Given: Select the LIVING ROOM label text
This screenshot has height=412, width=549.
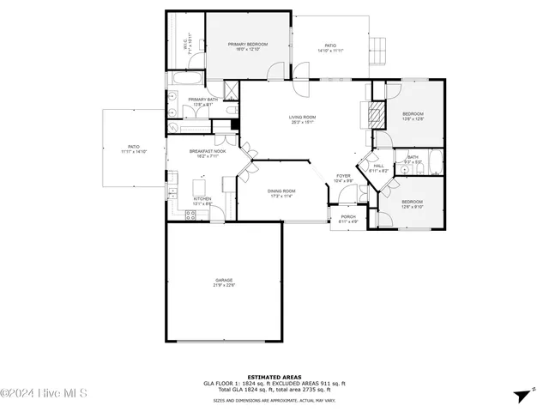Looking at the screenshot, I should click(302, 119).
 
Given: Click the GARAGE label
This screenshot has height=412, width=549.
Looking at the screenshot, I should click(225, 282).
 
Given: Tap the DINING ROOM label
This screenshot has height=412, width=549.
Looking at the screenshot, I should click(281, 193).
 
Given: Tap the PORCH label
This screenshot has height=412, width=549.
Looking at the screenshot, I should click(348, 218).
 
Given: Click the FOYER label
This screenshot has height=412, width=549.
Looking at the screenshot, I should click(343, 177).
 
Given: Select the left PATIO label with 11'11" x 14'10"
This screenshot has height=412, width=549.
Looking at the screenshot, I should click(133, 148).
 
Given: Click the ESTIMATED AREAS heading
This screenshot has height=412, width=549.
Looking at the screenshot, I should click(274, 377).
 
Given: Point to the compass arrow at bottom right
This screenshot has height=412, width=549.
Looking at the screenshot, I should click(522, 395).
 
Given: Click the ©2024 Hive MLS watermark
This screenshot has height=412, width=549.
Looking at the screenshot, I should click(45, 394).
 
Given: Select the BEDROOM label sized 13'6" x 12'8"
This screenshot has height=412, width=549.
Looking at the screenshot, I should click(413, 115).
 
